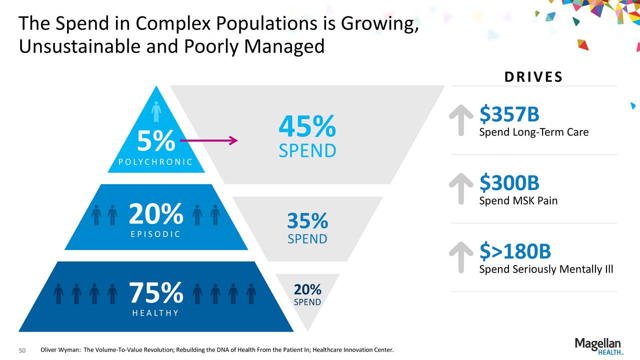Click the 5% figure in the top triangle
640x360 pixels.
tap(156, 140)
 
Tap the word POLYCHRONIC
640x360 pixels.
tap(155, 162)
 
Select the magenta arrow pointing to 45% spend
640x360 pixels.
tap(209, 140)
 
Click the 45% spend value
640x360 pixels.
tap(307, 126)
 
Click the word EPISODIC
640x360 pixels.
tap(155, 234)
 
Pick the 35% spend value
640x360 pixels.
tap(307, 220)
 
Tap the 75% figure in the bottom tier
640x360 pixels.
tap(156, 292)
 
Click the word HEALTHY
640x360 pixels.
tap(155, 313)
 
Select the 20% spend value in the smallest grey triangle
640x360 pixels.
tap(307, 289)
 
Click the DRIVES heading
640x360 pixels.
tap(533, 77)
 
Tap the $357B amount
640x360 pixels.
tap(509, 113)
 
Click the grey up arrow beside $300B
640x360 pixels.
tap(461, 189)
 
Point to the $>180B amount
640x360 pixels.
tap(515, 251)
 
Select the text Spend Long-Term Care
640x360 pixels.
tap(534, 132)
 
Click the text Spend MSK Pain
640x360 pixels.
tap(518, 200)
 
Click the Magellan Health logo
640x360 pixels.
tap(598, 346)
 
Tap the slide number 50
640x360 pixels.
tap(22, 350)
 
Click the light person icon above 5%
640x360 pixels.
tap(156, 111)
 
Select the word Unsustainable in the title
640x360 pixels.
tap(79, 46)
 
